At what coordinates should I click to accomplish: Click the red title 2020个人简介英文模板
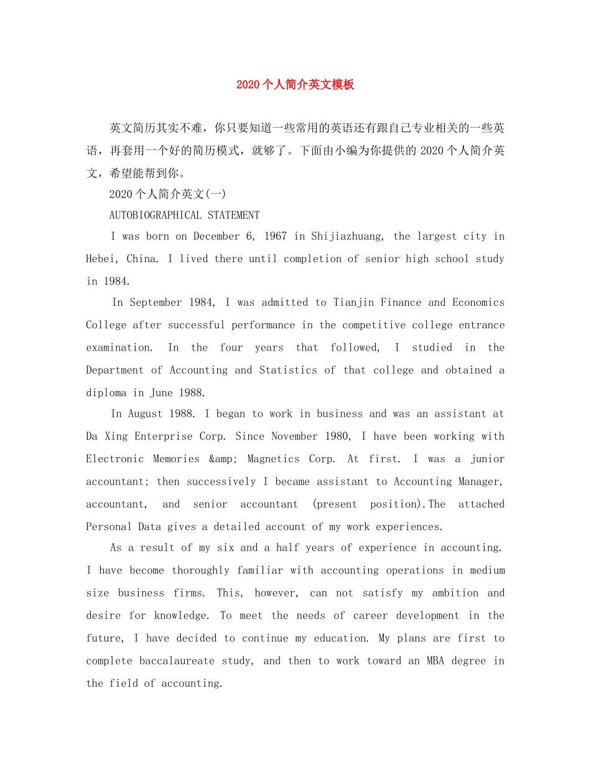295,85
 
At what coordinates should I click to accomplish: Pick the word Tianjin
353,303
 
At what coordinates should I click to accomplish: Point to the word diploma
106,393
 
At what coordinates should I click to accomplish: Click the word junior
487,459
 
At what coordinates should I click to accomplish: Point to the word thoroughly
200,570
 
